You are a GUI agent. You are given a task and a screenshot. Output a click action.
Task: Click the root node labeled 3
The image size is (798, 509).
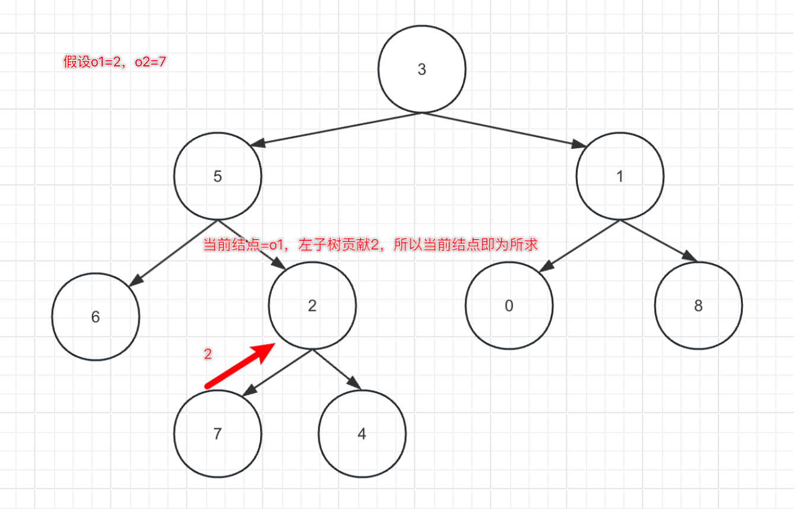422,69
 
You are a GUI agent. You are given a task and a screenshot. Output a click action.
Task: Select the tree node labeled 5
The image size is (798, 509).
217,177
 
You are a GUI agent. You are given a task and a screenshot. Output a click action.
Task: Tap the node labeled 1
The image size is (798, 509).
620,177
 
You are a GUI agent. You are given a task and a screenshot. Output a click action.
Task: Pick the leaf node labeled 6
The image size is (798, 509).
96,316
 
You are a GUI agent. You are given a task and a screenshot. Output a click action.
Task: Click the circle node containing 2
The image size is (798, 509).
312,306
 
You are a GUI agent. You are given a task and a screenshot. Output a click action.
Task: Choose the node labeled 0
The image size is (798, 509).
509,306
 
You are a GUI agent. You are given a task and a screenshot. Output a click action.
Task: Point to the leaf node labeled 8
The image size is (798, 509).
698,306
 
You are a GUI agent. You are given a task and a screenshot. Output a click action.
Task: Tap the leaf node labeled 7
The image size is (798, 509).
217,434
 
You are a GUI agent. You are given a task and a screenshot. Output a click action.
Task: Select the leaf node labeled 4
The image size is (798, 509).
362,434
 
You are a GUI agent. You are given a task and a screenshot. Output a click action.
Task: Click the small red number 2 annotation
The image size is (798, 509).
208,354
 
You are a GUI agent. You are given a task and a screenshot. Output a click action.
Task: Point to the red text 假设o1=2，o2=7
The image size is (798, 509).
115,62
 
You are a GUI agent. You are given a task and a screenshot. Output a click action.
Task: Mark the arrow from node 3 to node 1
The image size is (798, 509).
505,129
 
